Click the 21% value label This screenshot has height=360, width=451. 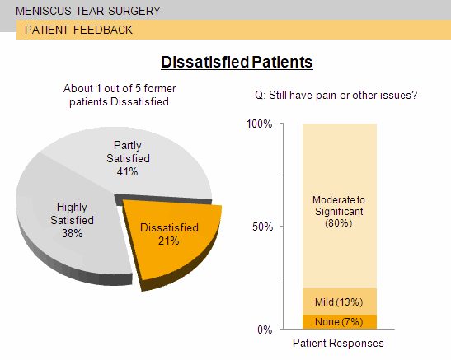168,241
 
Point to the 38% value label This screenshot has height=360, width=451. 73,233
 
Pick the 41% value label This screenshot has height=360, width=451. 127,172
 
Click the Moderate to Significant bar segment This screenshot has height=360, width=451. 340,206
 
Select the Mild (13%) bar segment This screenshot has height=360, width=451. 340,302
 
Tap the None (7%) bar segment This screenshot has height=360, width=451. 340,322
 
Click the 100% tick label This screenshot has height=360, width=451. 259,124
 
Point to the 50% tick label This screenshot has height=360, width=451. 262,227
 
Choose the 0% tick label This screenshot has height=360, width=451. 265,330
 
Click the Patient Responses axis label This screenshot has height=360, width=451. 338,343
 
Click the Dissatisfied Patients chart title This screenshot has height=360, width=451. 237,62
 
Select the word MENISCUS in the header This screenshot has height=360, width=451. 44,11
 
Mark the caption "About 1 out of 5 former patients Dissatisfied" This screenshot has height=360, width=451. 120,95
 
